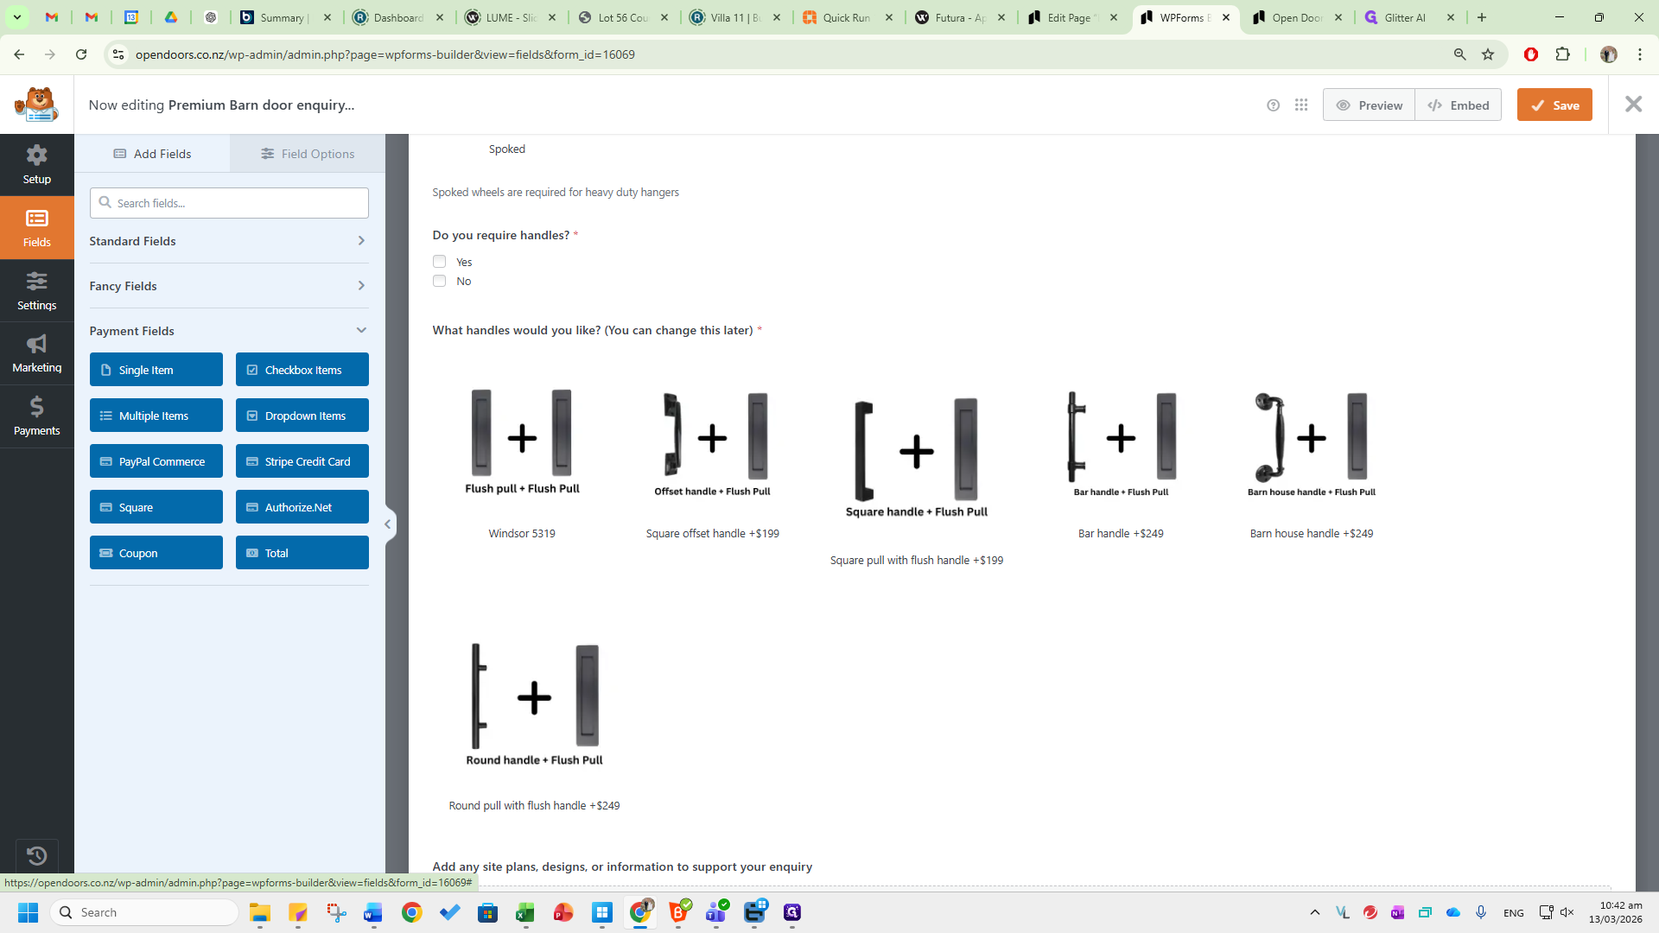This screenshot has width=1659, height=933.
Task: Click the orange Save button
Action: pos(1554,105)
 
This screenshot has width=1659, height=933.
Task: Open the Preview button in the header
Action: pos(1369,105)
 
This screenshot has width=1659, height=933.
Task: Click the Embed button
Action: pos(1459,105)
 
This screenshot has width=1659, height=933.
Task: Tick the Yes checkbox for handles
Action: pos(440,262)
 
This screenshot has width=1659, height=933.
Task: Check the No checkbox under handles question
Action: pos(440,281)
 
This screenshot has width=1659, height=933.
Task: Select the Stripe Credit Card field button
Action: pos(302,461)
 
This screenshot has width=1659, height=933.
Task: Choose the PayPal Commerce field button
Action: pos(156,461)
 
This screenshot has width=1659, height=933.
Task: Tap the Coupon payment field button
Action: pos(156,553)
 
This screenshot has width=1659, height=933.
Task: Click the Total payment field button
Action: pos(302,553)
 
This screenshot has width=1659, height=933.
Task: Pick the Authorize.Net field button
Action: pos(302,507)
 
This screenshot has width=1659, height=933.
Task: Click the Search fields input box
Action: pos(229,203)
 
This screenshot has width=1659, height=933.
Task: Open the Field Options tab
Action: pos(308,154)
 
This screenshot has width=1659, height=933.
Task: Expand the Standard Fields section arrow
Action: pos(361,241)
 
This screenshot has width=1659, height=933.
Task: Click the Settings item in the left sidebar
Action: pos(36,290)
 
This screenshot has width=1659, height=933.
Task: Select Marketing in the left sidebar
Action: pos(36,353)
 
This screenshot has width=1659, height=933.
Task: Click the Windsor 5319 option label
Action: pos(522,534)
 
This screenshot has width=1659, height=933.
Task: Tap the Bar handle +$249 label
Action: pos(1121,534)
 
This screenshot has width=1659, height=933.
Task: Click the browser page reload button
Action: pos(81,54)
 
